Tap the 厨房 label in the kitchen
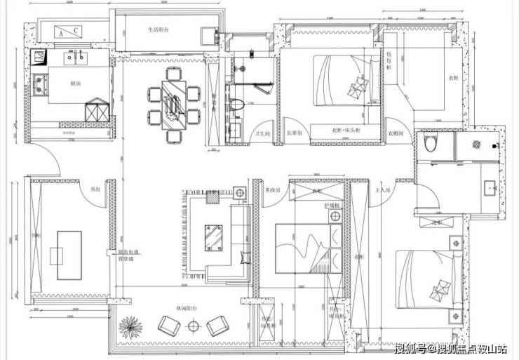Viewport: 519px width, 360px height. tap(75, 84)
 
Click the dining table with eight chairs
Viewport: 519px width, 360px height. tap(173, 103)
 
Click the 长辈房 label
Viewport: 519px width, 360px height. tap(294, 133)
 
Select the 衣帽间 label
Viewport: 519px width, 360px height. tap(395, 133)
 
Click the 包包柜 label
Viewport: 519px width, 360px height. tap(390, 55)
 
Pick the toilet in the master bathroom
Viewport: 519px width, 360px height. tap(431, 144)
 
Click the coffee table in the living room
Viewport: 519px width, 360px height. tap(213, 236)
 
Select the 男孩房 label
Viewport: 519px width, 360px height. tap(273, 189)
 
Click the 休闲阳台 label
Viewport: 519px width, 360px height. tap(185, 308)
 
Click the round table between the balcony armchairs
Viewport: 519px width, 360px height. tap(193, 326)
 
